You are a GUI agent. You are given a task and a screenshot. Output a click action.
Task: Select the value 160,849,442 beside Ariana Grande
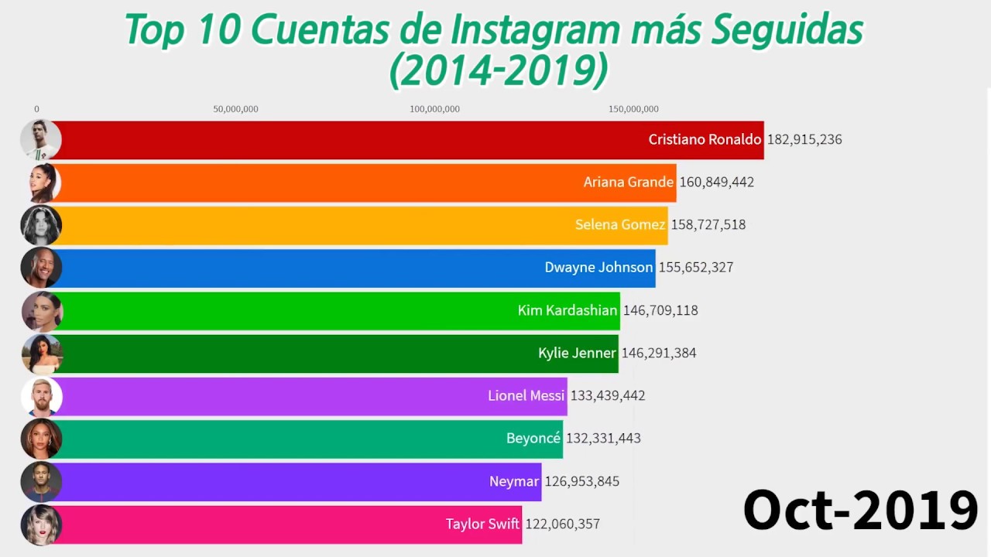click(x=716, y=183)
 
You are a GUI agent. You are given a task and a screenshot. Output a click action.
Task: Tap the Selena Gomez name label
click(x=619, y=225)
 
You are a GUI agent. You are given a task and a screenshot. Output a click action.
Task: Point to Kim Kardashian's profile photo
click(x=42, y=311)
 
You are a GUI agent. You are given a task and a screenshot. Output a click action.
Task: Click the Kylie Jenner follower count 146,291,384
click(x=658, y=353)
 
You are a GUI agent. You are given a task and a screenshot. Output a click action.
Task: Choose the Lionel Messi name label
click(x=526, y=395)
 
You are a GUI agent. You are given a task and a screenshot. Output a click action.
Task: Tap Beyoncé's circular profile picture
click(x=42, y=439)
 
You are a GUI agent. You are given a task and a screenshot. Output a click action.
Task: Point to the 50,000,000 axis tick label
click(x=235, y=109)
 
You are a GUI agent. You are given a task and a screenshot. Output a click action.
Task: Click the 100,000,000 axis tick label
click(x=434, y=109)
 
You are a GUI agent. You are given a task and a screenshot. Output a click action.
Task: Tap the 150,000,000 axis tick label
click(x=633, y=109)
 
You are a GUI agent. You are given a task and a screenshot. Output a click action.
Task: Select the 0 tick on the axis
click(x=36, y=109)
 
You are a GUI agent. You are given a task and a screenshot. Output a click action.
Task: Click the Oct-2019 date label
click(x=860, y=511)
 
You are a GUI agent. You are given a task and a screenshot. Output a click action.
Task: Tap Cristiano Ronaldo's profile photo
click(x=40, y=140)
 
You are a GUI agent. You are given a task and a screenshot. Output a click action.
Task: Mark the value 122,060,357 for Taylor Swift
click(x=562, y=524)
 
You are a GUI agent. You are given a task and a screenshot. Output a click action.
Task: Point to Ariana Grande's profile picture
click(x=42, y=183)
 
